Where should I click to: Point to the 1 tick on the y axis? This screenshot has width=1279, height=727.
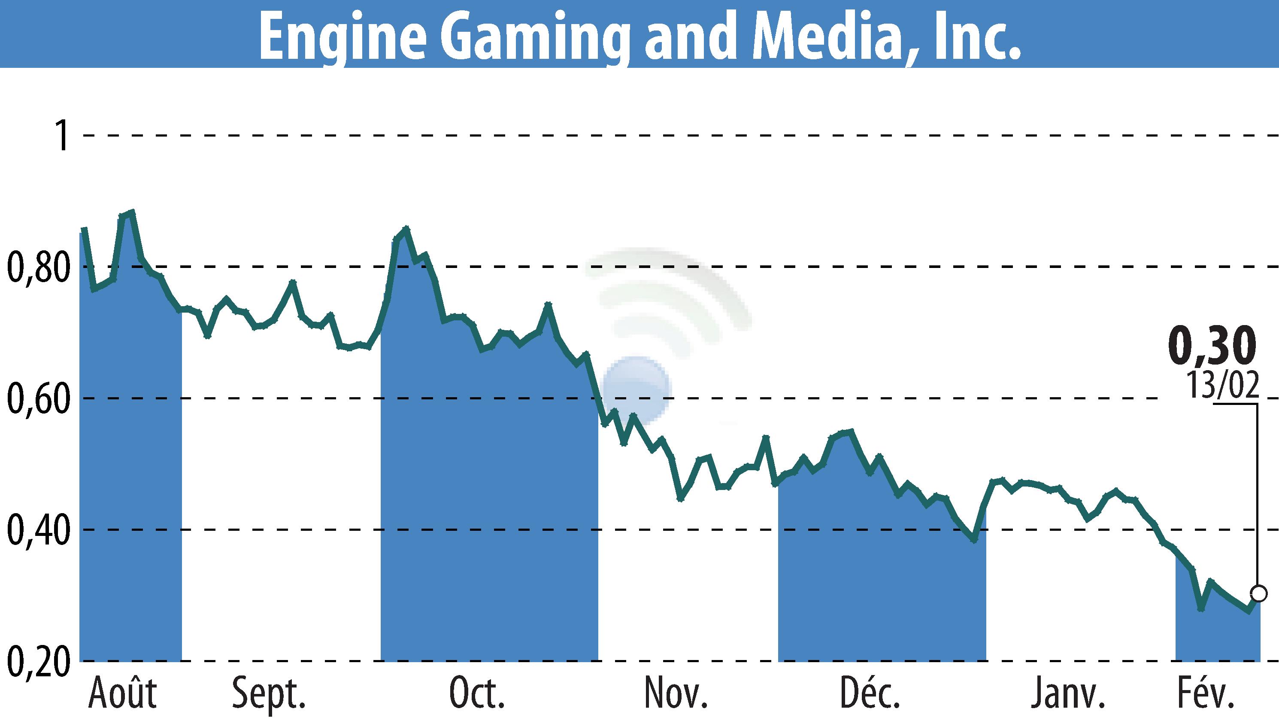(62, 135)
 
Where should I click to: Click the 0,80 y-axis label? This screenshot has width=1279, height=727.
(38, 267)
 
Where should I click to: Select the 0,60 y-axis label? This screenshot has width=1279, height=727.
(38, 398)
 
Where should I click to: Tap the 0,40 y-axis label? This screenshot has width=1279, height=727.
(38, 530)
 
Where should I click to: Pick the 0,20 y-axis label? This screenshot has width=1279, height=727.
(38, 661)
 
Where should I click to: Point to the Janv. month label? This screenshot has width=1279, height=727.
(1067, 693)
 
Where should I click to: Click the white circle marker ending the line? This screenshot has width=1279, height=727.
(1258, 594)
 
